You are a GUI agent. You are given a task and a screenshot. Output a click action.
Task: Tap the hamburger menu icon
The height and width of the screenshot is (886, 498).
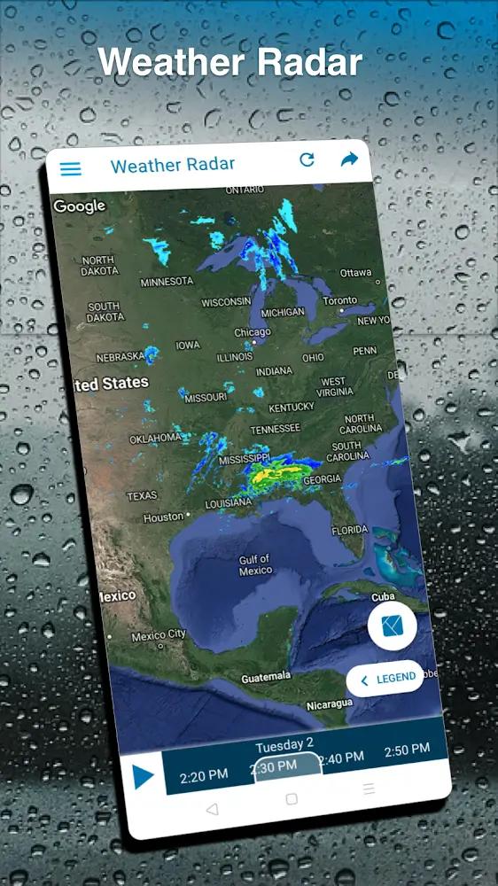(70, 169)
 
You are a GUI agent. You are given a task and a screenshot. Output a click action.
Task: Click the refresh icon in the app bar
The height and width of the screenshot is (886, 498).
(307, 159)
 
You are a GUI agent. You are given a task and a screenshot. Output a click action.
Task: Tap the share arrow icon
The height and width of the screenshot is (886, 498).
(349, 159)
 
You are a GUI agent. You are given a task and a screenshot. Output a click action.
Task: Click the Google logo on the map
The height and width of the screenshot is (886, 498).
(79, 206)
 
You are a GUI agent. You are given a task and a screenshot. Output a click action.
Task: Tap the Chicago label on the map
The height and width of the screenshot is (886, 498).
(252, 332)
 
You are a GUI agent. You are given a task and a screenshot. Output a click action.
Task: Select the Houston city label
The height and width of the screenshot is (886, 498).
(164, 517)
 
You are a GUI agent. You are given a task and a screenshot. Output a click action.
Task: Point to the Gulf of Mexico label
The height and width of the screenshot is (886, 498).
(255, 565)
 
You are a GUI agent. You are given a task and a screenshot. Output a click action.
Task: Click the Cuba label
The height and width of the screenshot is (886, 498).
(382, 597)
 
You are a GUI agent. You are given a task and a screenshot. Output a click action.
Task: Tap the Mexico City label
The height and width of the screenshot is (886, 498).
(159, 635)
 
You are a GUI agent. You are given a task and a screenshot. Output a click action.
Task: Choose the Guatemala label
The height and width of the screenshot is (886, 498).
(266, 677)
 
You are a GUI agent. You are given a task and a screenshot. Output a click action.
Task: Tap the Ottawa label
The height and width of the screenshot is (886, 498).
(355, 273)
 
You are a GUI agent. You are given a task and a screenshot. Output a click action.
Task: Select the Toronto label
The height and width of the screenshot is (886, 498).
(340, 301)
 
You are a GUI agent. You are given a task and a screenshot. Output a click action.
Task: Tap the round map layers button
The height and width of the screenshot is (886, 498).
(392, 626)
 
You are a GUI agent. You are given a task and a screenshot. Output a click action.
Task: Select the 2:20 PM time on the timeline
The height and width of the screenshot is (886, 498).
(204, 775)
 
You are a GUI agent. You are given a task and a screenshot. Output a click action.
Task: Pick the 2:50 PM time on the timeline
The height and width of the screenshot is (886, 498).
(407, 750)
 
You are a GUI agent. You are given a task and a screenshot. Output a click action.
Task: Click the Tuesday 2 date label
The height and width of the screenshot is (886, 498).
(284, 745)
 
